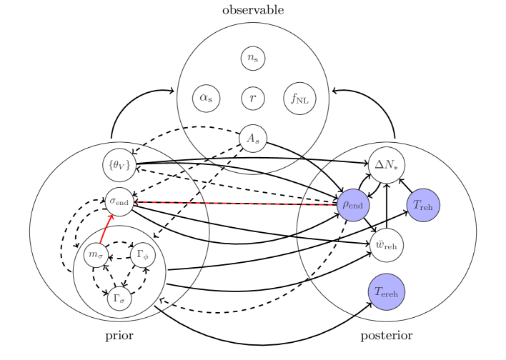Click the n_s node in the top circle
[x=253, y=58]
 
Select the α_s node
[x=207, y=98]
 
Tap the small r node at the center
[x=253, y=98]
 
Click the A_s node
[x=253, y=138]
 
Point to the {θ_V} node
[x=119, y=165]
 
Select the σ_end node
[x=119, y=201]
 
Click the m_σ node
[x=96, y=254]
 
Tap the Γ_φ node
[x=143, y=254]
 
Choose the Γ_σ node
[x=119, y=299]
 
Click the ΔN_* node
[x=387, y=165]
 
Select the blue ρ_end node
[x=353, y=205]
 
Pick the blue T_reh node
[x=423, y=205]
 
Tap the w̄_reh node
[x=387, y=245]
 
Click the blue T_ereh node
[x=387, y=291]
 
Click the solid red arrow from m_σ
[x=106, y=231]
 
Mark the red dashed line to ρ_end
[x=236, y=203]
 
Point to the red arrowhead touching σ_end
[x=111, y=217]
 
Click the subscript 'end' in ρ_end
[x=356, y=206]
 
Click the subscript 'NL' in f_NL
[x=304, y=101]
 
